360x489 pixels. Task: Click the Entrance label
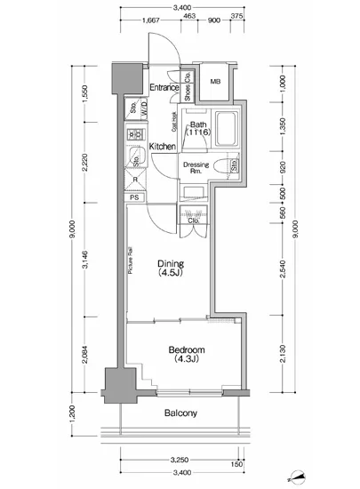pyautogui.click(x=164, y=87)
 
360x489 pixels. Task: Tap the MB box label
pyautogui.click(x=215, y=83)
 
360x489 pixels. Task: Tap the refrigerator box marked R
pyautogui.click(x=135, y=179)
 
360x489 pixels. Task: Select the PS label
pyautogui.click(x=135, y=197)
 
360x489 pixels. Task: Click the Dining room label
pyautogui.click(x=171, y=269)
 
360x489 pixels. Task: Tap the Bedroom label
pyautogui.click(x=187, y=354)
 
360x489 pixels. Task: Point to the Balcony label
pyautogui.click(x=180, y=413)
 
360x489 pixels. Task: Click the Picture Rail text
pyautogui.click(x=130, y=265)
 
